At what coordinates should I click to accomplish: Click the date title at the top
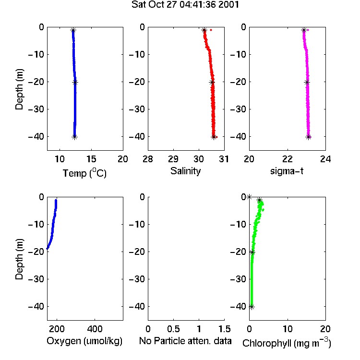[185, 4]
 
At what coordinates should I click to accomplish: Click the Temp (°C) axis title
[84, 173]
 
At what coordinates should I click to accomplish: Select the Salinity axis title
[185, 171]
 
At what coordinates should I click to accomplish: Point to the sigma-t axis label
[287, 171]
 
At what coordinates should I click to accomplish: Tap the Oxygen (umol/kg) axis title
[84, 341]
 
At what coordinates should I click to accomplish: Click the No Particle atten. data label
[185, 341]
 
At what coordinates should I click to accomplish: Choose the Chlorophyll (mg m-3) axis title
[287, 343]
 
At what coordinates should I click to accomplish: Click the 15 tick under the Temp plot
[91, 159]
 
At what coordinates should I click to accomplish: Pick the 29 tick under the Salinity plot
[173, 159]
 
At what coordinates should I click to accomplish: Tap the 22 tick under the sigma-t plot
[288, 159]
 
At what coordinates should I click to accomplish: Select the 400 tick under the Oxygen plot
[95, 329]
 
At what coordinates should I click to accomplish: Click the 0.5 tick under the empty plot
[173, 329]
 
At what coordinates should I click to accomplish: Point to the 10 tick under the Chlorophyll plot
[288, 329]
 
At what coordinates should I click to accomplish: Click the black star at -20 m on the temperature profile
[75, 83]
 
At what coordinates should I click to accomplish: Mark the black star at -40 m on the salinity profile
[214, 137]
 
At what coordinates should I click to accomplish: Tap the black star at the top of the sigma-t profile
[304, 30]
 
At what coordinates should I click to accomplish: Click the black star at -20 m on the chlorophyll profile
[252, 252]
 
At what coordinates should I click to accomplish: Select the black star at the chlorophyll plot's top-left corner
[249, 197]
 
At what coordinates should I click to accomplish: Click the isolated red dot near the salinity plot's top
[211, 30]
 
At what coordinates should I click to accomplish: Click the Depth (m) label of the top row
[19, 89]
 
